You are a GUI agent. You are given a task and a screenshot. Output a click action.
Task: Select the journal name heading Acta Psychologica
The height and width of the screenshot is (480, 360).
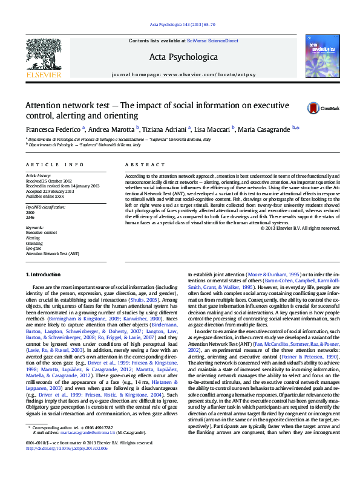(180, 57)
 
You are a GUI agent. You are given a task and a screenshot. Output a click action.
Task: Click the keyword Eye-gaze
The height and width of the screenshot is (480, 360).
(34, 248)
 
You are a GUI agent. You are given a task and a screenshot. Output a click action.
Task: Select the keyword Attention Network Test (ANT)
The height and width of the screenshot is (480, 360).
(52, 254)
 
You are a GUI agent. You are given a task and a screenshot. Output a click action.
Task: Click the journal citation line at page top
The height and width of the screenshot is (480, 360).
(180, 24)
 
